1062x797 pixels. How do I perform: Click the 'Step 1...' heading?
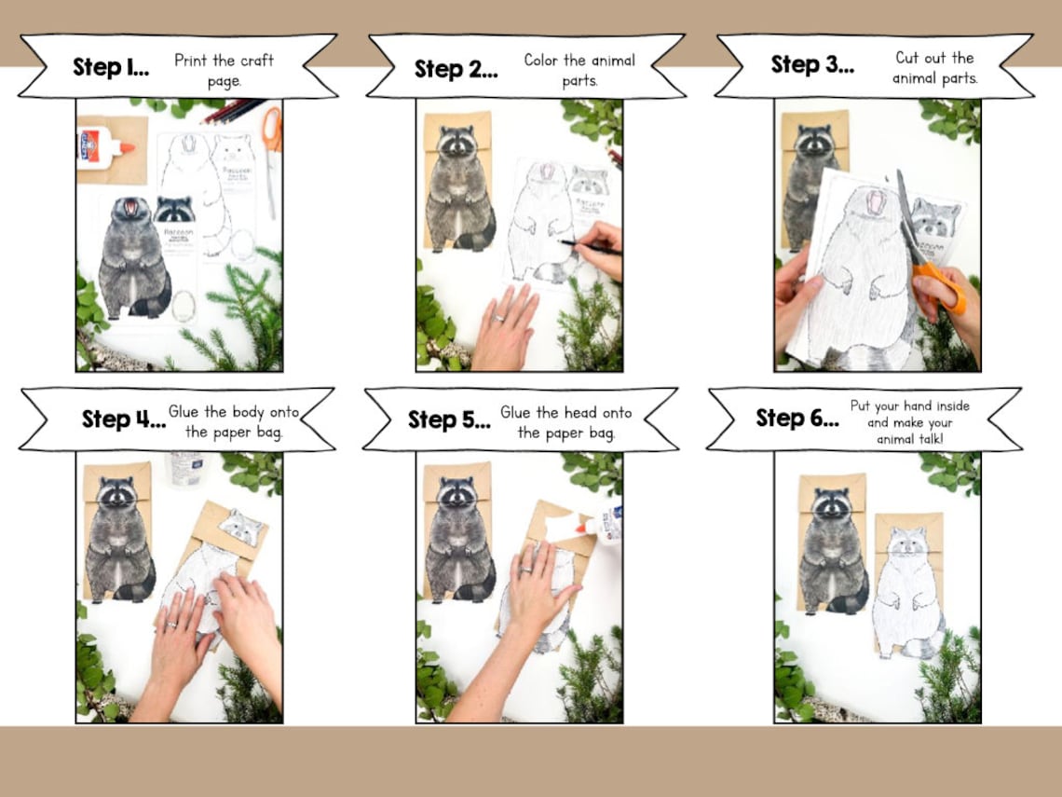[x=111, y=68]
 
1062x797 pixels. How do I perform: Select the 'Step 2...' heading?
[x=456, y=69]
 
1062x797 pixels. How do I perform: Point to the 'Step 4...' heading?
[x=124, y=419]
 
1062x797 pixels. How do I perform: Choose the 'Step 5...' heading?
[x=449, y=419]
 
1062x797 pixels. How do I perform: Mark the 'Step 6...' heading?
[x=796, y=418]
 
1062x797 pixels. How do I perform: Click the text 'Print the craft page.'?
[x=224, y=70]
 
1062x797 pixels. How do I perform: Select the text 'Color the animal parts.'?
[x=579, y=70]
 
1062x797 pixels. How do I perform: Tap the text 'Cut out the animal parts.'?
[x=934, y=68]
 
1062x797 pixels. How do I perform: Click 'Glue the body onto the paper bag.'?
[x=234, y=421]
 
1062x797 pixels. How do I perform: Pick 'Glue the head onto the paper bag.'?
[x=565, y=422]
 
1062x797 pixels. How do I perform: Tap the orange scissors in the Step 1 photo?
[x=270, y=140]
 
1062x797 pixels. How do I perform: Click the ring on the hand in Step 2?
[x=500, y=319]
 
